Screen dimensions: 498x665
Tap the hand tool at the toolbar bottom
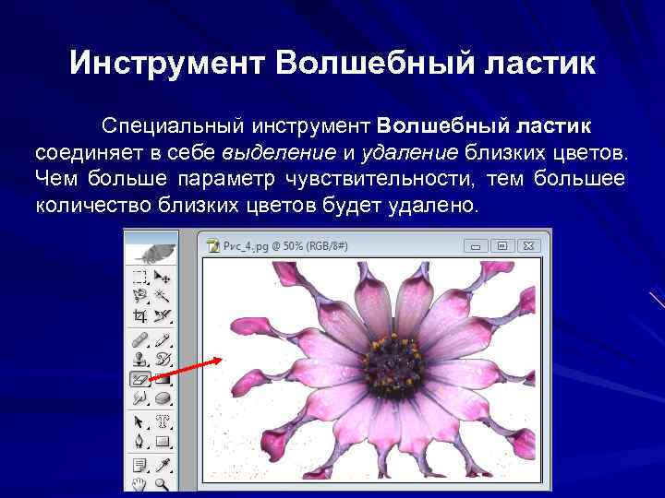pos(140,481)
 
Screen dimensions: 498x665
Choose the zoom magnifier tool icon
pos(163,481)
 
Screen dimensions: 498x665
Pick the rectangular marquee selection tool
pos(140,276)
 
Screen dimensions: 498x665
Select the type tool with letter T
pos(163,421)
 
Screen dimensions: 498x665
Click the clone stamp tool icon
pos(140,358)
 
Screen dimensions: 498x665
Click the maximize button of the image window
pos(503,246)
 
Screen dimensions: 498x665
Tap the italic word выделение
pos(264,151)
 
